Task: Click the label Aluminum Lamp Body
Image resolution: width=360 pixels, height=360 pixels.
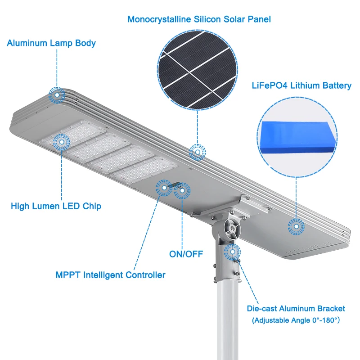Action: [x=51, y=44]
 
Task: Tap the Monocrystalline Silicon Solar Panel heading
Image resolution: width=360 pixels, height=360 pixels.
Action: [x=199, y=19]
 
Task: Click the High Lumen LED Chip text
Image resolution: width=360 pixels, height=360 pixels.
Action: [x=56, y=207]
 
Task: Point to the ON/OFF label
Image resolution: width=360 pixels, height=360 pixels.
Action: [x=186, y=254]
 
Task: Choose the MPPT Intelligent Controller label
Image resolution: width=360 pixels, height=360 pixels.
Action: [x=110, y=275]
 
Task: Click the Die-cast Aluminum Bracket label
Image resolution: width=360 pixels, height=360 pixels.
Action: [x=296, y=309]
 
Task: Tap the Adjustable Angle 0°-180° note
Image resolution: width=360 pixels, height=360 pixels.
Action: [x=296, y=320]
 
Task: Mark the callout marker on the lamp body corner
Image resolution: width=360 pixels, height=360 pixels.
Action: [x=57, y=95]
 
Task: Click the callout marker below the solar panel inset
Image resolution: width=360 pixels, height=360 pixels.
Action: [x=197, y=153]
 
